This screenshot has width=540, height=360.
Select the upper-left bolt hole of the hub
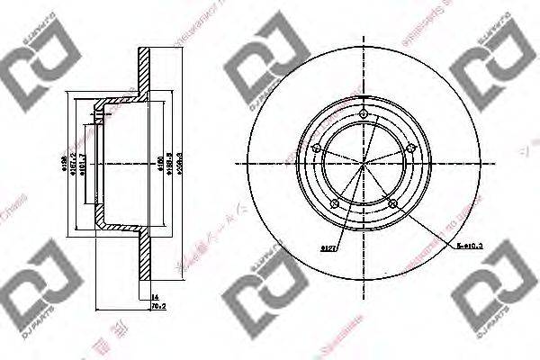point(317,148)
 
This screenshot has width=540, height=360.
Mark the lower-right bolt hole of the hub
point(393,202)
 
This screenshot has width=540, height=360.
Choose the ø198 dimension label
point(65,165)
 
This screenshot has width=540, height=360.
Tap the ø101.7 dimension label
point(83,165)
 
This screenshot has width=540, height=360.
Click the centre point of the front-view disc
point(364,165)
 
